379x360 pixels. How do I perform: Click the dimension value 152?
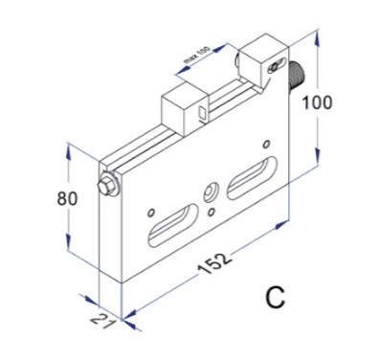point(213,264)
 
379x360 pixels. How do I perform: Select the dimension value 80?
point(67,198)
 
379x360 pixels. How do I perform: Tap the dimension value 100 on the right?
point(317,102)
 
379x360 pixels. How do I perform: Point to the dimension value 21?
point(101,322)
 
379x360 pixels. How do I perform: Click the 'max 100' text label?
point(197,55)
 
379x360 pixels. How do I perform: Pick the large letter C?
point(275,298)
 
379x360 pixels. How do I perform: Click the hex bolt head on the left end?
point(107,186)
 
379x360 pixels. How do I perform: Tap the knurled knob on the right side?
point(297,76)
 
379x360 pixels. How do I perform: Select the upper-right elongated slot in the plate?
point(252,177)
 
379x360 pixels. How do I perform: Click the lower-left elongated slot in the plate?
point(173,225)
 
